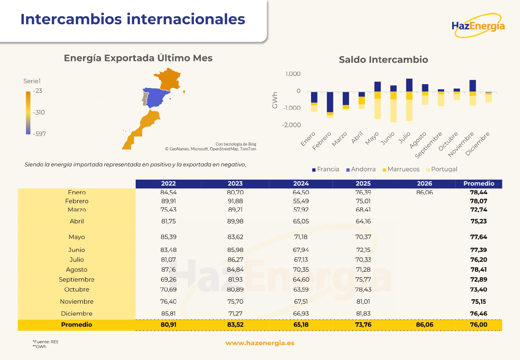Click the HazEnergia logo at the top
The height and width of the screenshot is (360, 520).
tap(478, 26)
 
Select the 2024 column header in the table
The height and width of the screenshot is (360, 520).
tap(301, 183)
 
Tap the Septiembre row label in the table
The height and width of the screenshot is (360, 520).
tap(76, 279)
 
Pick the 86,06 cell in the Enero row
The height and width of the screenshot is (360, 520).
tap(424, 192)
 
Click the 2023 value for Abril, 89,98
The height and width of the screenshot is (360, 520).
tap(235, 221)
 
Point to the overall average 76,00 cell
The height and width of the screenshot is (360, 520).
tap(478, 324)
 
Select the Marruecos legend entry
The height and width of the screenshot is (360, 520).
tap(401, 169)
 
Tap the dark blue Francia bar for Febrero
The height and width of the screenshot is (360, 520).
tap(330, 102)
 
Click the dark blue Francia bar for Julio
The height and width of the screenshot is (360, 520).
tap(409, 85)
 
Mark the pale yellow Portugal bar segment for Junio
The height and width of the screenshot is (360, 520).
tap(393, 110)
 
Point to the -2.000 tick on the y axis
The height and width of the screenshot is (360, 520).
tap(291, 125)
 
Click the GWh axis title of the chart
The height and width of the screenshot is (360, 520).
tap(275, 100)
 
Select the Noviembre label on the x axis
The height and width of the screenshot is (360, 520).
tap(461, 144)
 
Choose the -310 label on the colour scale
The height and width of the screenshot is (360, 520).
tap(39, 112)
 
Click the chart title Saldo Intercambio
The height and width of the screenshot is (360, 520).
tap(383, 60)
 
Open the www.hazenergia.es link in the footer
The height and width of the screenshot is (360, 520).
tap(260, 343)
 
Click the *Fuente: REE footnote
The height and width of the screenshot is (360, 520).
tap(45, 342)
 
